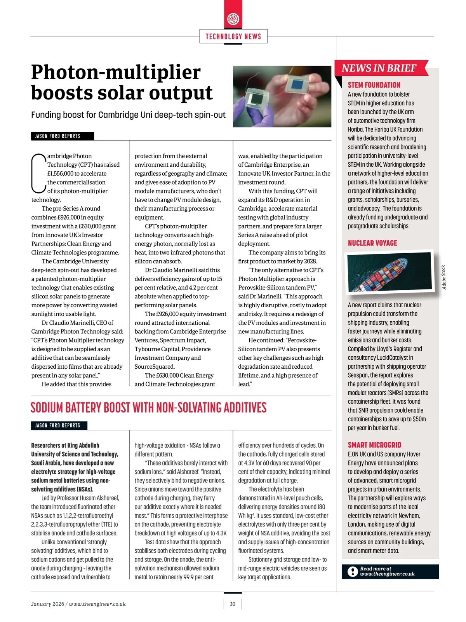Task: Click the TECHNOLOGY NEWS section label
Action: click(233, 37)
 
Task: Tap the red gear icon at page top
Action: click(233, 18)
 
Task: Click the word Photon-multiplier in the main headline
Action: click(116, 72)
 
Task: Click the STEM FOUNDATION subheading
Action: click(374, 85)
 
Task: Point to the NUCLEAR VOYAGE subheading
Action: click(372, 243)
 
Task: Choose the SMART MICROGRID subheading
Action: click(374, 445)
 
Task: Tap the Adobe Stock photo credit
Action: click(444, 277)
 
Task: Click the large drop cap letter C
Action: click(38, 174)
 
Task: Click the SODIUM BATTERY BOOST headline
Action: click(148, 408)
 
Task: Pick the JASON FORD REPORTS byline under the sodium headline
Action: click(58, 425)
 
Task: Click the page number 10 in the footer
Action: click(233, 604)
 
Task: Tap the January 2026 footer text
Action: click(47, 604)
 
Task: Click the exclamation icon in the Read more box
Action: click(352, 571)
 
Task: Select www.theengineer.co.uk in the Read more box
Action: click(387, 574)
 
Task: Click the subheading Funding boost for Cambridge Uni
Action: click(128, 115)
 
